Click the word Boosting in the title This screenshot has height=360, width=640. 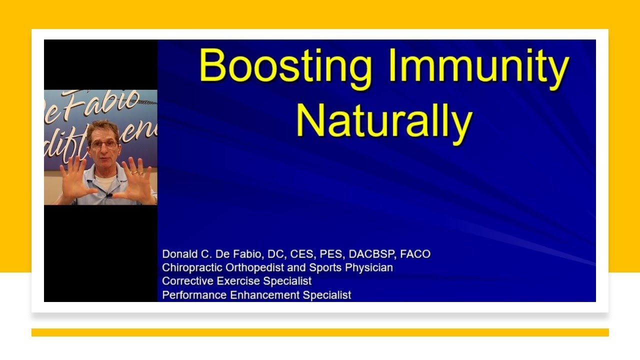point(285,69)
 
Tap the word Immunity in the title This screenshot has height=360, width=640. point(479,69)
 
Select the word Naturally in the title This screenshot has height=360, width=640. point(384,123)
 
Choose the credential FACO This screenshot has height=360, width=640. point(415,253)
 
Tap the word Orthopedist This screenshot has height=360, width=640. point(254,267)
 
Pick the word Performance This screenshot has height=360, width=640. point(194,295)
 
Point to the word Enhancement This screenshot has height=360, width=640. point(265,295)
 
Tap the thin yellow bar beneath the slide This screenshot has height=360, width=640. point(320,332)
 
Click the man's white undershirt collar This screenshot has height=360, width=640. point(104,180)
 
